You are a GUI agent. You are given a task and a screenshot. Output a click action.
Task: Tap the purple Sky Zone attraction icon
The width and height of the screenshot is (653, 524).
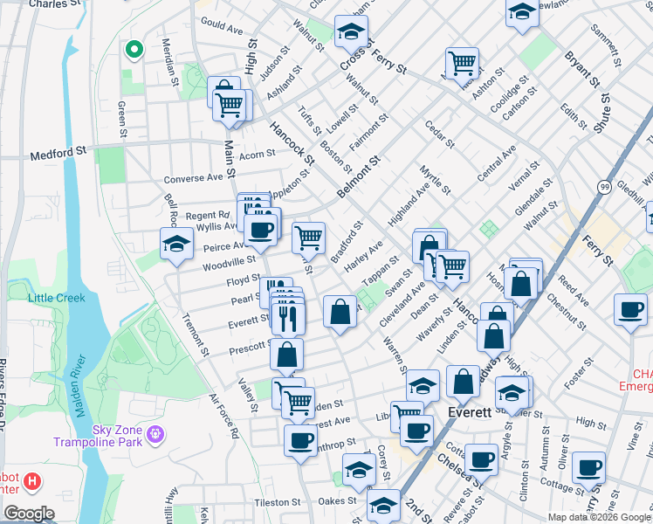[x=156, y=432]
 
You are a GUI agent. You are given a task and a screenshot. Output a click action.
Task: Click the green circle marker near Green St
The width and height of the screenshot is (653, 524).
[x=134, y=50]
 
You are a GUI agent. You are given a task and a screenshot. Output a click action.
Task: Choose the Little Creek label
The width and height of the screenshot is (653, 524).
[x=57, y=298]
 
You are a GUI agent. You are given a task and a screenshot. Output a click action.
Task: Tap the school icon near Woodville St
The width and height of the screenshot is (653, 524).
[x=175, y=244]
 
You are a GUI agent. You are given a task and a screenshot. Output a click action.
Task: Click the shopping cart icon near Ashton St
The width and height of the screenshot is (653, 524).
[x=461, y=62]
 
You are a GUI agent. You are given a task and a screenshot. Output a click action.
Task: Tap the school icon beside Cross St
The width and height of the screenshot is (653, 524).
[x=351, y=32]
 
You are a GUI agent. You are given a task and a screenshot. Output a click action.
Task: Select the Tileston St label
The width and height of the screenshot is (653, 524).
[x=277, y=502]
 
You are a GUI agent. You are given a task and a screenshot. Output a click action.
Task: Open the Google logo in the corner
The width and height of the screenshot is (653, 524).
[x=29, y=514]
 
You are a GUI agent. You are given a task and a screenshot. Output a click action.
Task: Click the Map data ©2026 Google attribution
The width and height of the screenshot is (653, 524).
[x=598, y=517]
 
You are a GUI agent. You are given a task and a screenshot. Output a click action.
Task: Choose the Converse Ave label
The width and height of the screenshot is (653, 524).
[x=194, y=178]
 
